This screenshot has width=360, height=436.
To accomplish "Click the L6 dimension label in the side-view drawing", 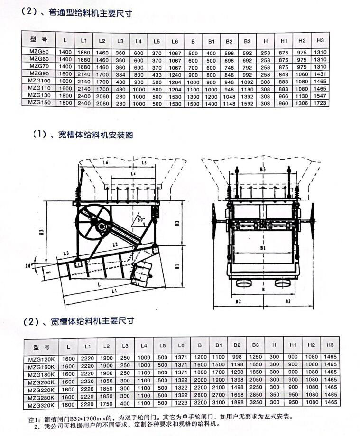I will click(105, 163).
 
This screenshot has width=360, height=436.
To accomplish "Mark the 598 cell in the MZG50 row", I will click(229, 53).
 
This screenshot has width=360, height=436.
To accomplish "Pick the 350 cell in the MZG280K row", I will click(274, 395).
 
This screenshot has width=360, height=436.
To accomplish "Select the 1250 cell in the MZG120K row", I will click(256, 358).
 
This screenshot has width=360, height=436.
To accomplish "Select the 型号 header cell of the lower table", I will click(42, 346).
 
